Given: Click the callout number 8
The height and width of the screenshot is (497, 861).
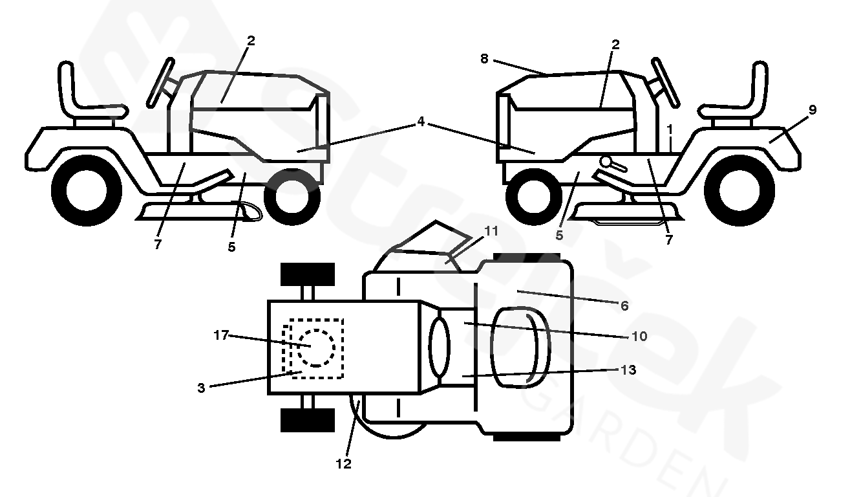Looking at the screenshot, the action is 484,58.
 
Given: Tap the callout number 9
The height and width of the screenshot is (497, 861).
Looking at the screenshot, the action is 813,110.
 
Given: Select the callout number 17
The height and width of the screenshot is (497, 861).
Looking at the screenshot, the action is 221,335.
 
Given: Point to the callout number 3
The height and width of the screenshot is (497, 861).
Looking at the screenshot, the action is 202,388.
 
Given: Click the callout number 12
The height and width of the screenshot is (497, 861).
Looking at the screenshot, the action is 344,464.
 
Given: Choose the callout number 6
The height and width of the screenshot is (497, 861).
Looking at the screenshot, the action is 624,305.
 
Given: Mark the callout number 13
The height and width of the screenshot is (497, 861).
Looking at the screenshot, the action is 628,370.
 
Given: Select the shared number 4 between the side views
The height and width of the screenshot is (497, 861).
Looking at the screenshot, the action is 421,121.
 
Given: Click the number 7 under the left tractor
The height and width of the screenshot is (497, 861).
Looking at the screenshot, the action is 158,244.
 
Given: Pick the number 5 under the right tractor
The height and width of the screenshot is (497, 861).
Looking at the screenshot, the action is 559,236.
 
